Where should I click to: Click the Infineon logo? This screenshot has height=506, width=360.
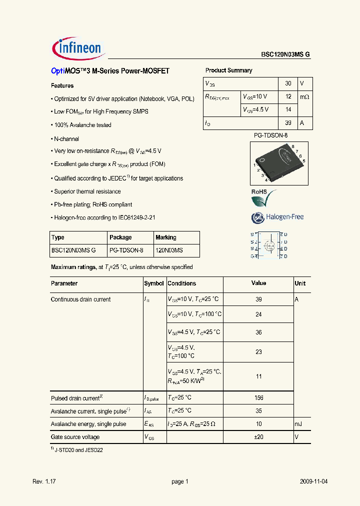(77, 48)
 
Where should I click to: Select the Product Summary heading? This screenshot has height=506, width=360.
(228, 70)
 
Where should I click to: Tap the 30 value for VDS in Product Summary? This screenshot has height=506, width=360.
(288, 83)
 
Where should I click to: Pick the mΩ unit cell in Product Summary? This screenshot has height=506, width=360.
(304, 96)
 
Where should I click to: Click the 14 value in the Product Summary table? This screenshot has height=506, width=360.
(288, 109)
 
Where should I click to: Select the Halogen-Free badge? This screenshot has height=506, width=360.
(277, 217)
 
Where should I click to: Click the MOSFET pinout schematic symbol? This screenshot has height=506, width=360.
(269, 245)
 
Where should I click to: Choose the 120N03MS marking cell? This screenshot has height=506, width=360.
(169, 250)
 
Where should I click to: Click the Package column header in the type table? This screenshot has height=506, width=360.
(120, 237)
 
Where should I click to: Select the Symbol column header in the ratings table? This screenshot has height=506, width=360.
(154, 283)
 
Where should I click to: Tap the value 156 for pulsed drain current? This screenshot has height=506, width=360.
(258, 398)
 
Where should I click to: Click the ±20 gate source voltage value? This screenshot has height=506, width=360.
(258, 437)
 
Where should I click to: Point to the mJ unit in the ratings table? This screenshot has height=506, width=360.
(298, 424)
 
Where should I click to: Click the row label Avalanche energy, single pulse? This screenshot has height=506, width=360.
(88, 424)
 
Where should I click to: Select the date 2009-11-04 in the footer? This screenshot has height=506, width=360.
(314, 481)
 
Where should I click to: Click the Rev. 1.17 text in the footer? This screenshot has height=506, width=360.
(44, 481)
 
